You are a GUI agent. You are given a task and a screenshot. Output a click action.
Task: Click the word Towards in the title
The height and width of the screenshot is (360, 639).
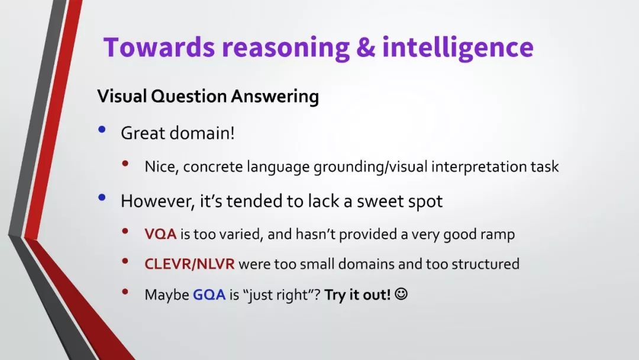[159, 47]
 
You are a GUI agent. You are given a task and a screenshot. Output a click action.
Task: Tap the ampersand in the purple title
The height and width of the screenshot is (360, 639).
[366, 47]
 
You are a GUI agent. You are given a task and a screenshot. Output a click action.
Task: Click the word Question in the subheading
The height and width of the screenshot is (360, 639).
[189, 97]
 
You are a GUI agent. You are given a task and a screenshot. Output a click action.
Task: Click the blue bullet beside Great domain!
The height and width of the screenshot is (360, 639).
[102, 130]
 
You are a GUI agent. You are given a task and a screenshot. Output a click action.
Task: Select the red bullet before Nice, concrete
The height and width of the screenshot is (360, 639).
[125, 163]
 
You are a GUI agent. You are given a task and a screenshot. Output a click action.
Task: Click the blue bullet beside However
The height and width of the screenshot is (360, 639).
[102, 198]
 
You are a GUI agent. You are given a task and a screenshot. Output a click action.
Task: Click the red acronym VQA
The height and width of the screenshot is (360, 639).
[160, 234]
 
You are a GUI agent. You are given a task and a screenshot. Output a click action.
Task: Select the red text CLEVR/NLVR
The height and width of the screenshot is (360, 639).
[189, 264]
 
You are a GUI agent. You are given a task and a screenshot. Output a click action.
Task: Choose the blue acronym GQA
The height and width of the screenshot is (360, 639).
[209, 294]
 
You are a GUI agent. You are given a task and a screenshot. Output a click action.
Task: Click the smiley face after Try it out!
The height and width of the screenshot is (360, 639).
[401, 294]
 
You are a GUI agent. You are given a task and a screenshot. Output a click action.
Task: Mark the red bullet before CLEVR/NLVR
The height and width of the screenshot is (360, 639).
[125, 261]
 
